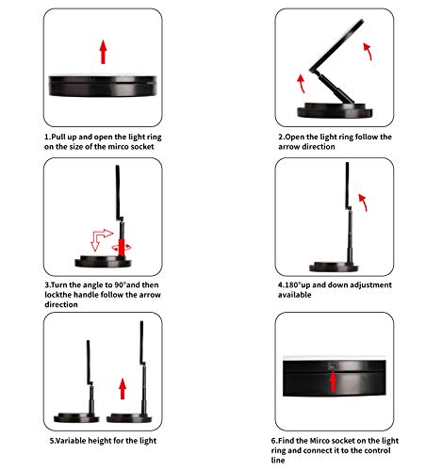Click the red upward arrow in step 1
coord(103,52)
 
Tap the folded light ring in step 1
coord(103,86)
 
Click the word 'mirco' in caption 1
coord(118,147)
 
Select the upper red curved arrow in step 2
coord(368,51)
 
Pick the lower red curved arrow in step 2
coord(301,83)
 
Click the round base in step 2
coord(335,110)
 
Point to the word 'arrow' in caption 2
coord(287,147)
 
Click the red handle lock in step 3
coord(122,247)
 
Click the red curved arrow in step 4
coord(363,203)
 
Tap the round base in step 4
coord(334,267)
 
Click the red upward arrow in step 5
coord(123,389)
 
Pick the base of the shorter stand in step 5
coord(76,418)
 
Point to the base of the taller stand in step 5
coord(129,418)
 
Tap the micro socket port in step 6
coord(333,365)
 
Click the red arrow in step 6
coord(333,382)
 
